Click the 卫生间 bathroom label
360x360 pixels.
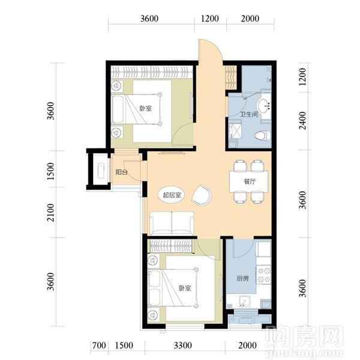(x=249, y=114)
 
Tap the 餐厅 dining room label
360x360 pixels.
(x=250, y=182)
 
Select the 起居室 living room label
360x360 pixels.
(x=172, y=195)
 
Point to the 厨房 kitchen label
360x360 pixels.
(x=242, y=278)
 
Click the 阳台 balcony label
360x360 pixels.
(x=121, y=172)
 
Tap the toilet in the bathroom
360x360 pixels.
(x=262, y=135)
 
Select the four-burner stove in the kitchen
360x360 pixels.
(x=264, y=275)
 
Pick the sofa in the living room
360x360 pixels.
(x=172, y=223)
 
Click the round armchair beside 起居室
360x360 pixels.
(x=202, y=194)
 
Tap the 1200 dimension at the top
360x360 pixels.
(x=210, y=19)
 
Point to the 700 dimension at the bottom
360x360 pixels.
(x=99, y=346)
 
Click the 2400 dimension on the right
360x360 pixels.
(x=303, y=121)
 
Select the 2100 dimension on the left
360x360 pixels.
(x=51, y=212)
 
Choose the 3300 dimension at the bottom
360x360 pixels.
(x=183, y=346)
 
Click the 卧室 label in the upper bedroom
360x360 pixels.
(x=146, y=108)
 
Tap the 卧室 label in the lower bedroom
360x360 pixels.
(x=185, y=288)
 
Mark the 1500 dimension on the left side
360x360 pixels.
(x=51, y=171)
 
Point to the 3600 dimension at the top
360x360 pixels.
(x=149, y=19)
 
